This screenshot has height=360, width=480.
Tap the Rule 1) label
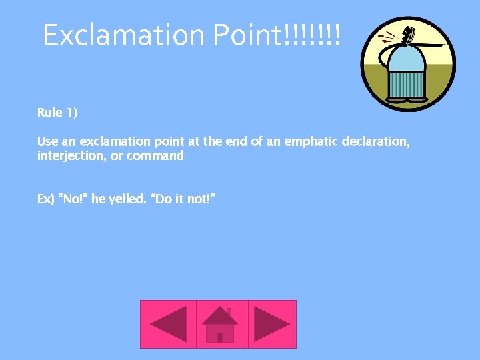point(57,113)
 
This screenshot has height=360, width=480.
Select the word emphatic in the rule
point(311,141)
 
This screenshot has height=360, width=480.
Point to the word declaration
point(373,141)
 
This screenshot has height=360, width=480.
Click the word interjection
point(70,156)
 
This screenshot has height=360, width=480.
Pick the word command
point(155,156)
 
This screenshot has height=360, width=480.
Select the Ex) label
point(45,199)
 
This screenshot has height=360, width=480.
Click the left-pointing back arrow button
point(168,324)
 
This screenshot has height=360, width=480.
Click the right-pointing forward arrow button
point(272,324)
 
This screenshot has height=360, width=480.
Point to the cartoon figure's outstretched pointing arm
point(431,46)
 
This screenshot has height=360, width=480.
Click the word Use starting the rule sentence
point(47,141)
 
